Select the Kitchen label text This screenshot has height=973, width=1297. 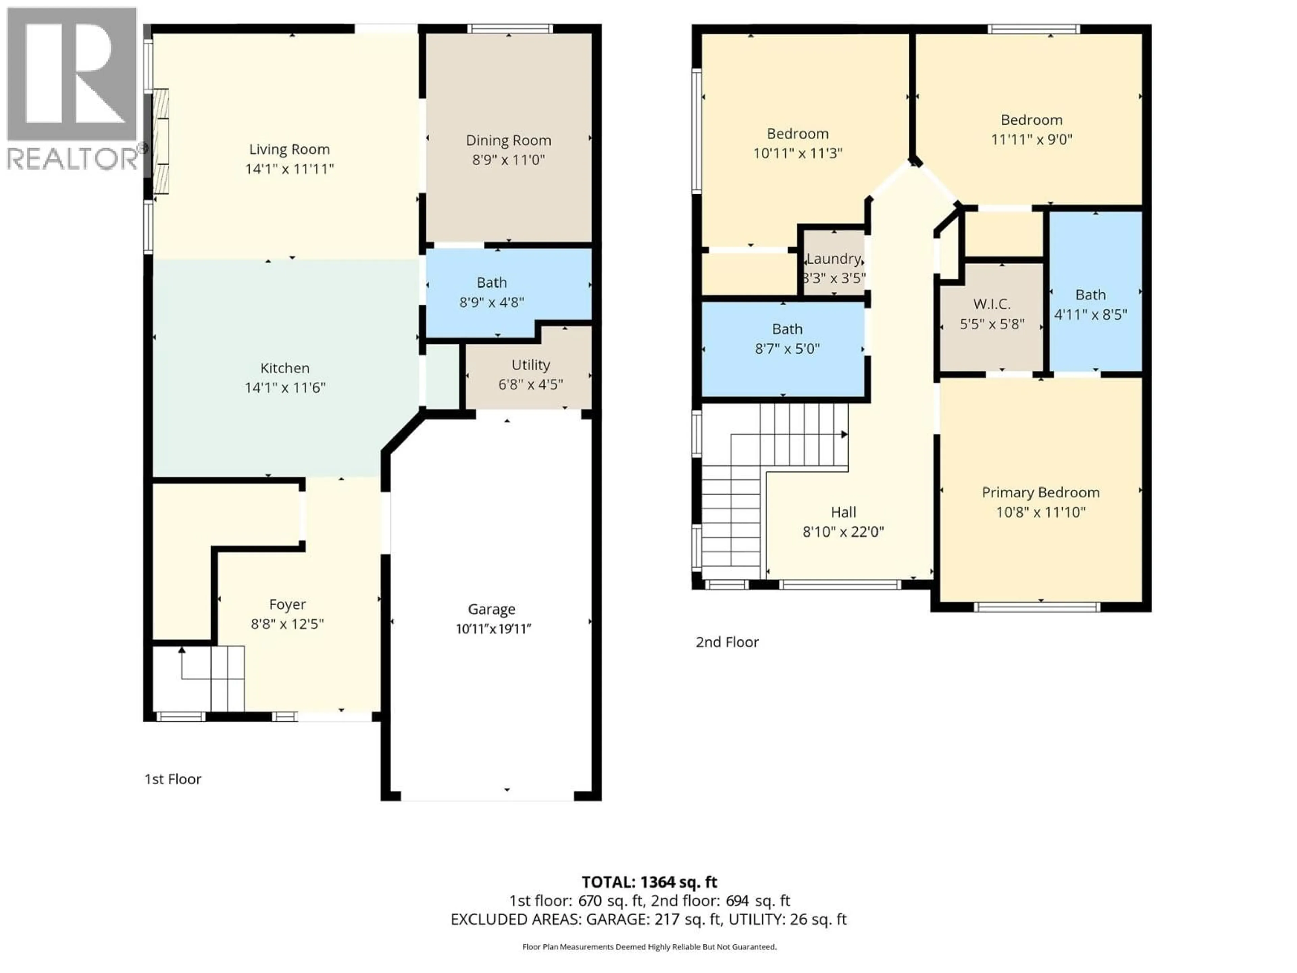[285, 368]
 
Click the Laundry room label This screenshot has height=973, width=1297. [833, 259]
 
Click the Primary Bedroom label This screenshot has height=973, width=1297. [1040, 493]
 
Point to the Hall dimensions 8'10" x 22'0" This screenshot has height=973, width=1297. [843, 532]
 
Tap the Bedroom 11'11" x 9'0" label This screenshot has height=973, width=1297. [1032, 120]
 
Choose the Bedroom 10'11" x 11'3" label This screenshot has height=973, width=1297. [797, 134]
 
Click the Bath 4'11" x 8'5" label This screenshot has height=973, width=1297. [1090, 295]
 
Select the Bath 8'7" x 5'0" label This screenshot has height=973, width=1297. [787, 330]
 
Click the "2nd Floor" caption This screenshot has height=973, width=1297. [727, 642]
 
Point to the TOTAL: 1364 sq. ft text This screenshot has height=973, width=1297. [649, 882]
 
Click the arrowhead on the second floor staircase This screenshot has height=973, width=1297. [844, 434]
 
